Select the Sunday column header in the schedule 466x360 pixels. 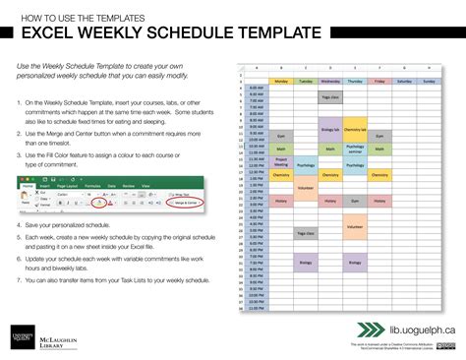pyautogui.click(x=428, y=81)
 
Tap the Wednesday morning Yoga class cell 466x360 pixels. pyautogui.click(x=329, y=97)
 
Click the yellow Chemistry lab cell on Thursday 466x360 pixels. pyautogui.click(x=355, y=129)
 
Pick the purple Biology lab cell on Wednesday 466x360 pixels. pyautogui.click(x=329, y=129)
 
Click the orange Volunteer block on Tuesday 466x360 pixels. pyautogui.click(x=305, y=187)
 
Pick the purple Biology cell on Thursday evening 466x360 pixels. pyautogui.click(x=355, y=263)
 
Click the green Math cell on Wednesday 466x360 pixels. pyautogui.click(x=329, y=150)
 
